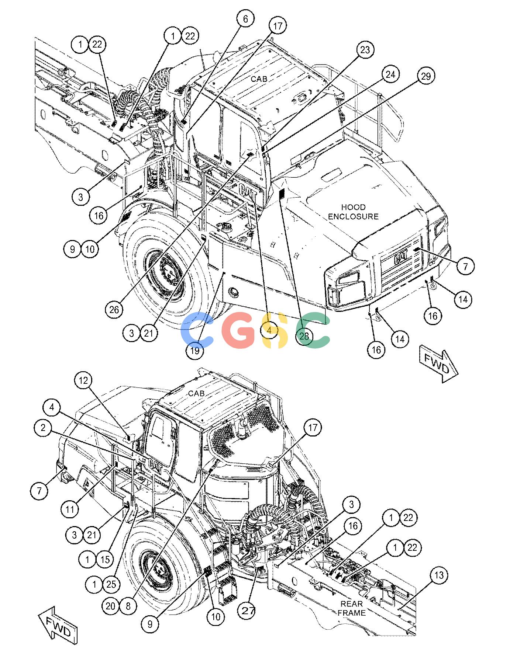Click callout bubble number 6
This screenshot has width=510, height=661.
click(245, 19)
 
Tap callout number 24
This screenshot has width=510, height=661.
click(390, 74)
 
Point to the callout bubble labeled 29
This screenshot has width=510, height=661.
click(426, 76)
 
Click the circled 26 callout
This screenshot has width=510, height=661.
click(114, 309)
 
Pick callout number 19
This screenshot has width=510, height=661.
click(195, 350)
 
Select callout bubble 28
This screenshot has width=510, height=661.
click(304, 335)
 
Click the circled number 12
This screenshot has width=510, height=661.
click(84, 380)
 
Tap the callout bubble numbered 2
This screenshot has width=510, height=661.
click(44, 428)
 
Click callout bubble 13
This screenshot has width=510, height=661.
click(438, 575)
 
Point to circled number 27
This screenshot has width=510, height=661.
click(249, 610)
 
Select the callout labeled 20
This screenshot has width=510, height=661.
click(111, 606)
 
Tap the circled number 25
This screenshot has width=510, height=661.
click(111, 584)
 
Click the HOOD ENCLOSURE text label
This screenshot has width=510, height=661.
click(353, 212)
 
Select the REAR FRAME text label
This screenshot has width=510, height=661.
click(352, 608)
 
